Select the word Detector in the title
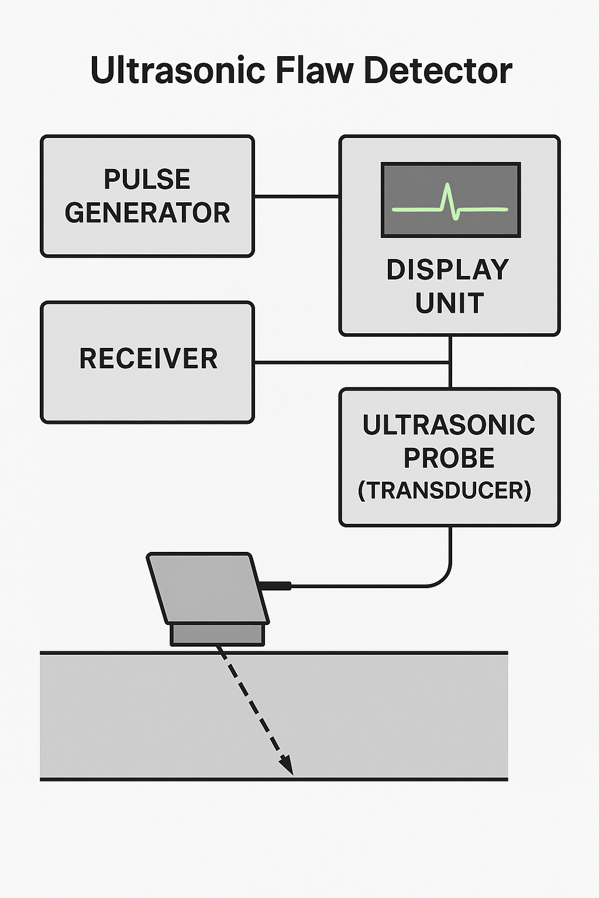pos(438,71)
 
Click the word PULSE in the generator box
pos(147,179)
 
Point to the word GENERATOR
pos(147,213)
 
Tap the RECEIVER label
pos(149,359)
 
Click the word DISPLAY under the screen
pos(447,270)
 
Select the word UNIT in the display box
pos(449,303)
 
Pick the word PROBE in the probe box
pos(449,458)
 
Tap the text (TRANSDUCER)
pos(445,491)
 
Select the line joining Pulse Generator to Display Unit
pos(297,196)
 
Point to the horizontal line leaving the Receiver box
pos(351,362)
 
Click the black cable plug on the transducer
pos(276,585)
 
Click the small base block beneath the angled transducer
pos(217,634)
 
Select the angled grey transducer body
pos(208,588)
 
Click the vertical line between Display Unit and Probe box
pos(450,362)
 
